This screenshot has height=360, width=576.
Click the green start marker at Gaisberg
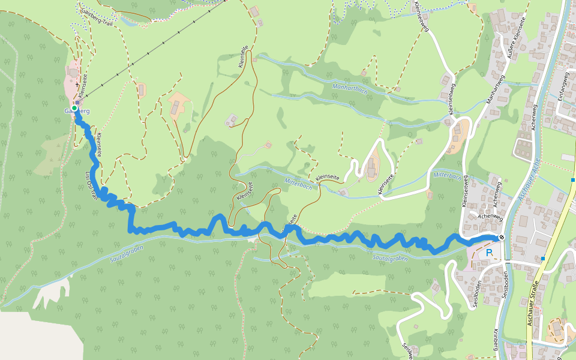74,108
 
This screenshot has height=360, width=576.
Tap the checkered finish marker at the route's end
502,237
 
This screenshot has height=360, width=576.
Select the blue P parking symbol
489,253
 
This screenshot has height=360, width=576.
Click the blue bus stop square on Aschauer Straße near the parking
542,258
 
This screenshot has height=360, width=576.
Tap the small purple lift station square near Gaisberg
78,103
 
